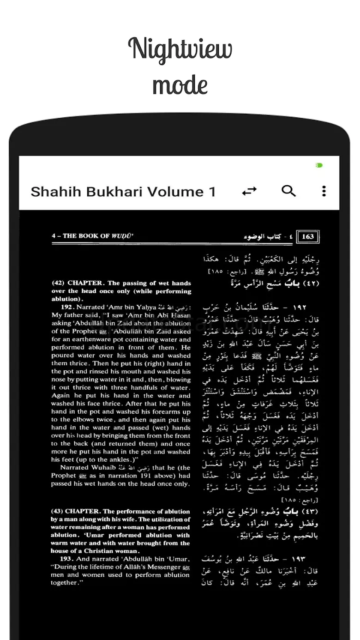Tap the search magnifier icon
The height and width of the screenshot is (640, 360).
pos(288,190)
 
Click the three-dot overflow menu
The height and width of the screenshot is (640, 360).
pos(324,191)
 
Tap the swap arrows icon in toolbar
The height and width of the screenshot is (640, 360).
pos(249,191)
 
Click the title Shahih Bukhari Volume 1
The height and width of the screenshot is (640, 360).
pos(123,192)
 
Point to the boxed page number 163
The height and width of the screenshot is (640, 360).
pos(308,237)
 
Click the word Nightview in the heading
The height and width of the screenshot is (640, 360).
pos(180,49)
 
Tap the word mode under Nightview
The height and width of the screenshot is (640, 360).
pos(180,85)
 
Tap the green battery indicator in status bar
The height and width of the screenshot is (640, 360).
pos(319,165)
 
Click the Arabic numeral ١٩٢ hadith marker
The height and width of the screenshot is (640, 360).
pos(300,307)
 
